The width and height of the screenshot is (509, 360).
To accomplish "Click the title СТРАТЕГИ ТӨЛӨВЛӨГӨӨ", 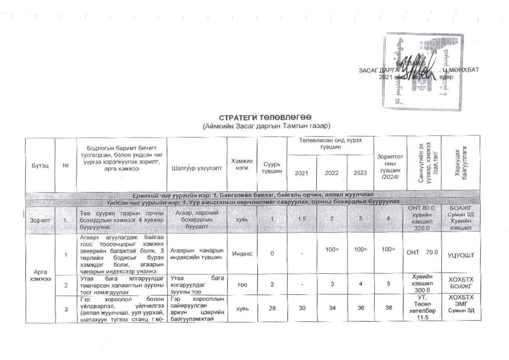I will click(x=265, y=118).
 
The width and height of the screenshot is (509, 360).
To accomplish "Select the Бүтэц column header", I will click(x=40, y=165).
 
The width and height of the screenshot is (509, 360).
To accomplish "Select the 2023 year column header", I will click(x=360, y=173).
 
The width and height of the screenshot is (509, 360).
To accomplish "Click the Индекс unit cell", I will click(x=242, y=253).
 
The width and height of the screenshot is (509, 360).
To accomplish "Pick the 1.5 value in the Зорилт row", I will click(x=301, y=219).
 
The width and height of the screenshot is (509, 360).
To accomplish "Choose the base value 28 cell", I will click(x=272, y=308).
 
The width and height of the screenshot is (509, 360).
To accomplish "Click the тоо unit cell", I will click(x=242, y=285).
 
